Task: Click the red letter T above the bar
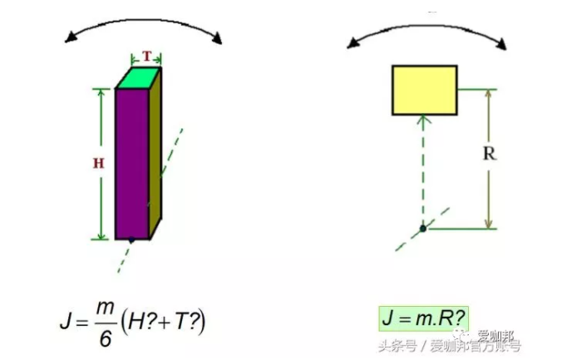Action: click(147, 57)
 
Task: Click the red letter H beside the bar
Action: click(98, 164)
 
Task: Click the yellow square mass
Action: click(424, 90)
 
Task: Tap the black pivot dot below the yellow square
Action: click(422, 227)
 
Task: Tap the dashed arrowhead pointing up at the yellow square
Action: click(423, 121)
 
